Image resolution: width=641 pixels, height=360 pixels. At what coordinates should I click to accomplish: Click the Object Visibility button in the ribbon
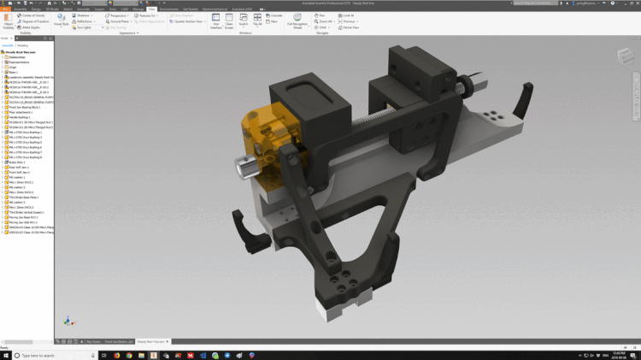click(x=9, y=22)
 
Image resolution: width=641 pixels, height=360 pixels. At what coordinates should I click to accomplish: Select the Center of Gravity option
click(x=31, y=15)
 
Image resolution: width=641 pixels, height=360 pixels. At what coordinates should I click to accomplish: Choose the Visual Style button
click(x=61, y=20)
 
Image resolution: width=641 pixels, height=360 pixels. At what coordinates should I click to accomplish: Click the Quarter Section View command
click(x=188, y=21)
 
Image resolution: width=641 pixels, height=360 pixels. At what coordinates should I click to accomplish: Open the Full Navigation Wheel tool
click(x=297, y=21)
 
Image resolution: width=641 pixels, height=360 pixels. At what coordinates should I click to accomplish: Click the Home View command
click(x=350, y=27)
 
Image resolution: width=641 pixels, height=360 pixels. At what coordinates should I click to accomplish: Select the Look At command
click(x=345, y=15)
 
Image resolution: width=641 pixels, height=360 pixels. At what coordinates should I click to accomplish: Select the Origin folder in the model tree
click(x=13, y=67)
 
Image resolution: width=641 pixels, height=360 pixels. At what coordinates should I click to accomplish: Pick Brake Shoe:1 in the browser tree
click(x=18, y=162)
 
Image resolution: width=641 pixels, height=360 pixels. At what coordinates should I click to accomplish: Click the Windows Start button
click(x=4, y=355)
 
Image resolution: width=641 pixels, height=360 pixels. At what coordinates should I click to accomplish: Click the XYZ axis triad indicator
click(x=68, y=321)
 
